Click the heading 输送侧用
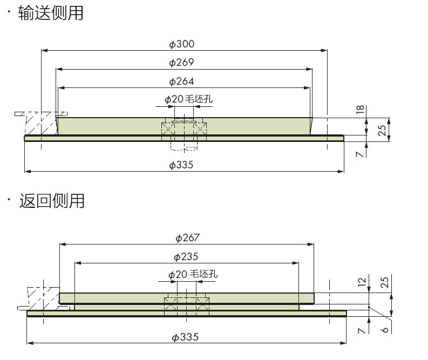point(51,13)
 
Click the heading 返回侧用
point(52,201)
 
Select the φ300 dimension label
point(182,44)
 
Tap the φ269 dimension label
point(181,63)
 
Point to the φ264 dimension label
point(181,81)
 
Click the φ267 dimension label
point(187,238)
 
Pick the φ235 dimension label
point(186,257)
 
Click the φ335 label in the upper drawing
point(181,165)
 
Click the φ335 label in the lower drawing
point(185,337)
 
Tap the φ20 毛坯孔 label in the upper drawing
point(188,99)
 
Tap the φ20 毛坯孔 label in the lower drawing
point(193,274)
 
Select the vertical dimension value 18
point(361,110)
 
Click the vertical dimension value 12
point(362,282)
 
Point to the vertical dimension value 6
point(384,330)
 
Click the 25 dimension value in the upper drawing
point(382,131)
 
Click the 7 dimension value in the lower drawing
point(361,331)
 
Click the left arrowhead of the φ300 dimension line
point(44,51)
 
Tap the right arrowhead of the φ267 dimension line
point(311,244)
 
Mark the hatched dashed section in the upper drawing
point(42,123)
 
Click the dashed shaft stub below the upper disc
point(184,146)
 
